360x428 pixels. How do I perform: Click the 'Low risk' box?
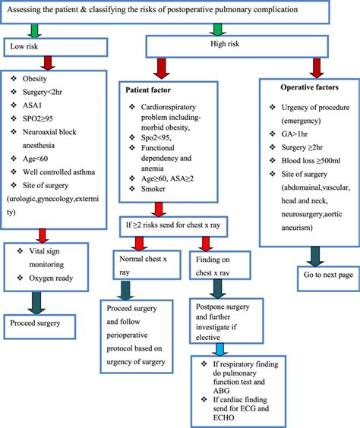57,47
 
